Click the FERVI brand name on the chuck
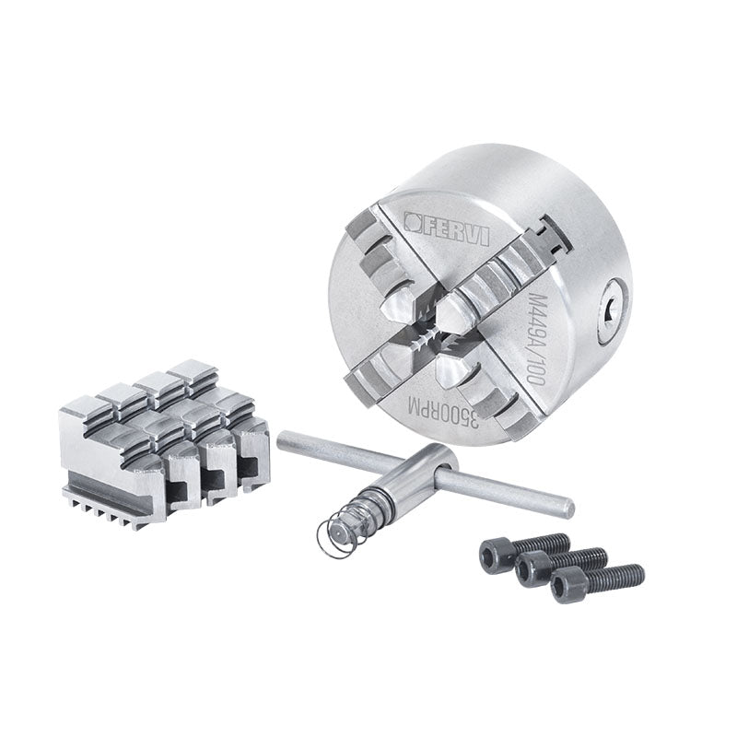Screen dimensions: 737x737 click(453, 230)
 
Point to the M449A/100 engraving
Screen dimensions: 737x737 click(536, 339)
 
